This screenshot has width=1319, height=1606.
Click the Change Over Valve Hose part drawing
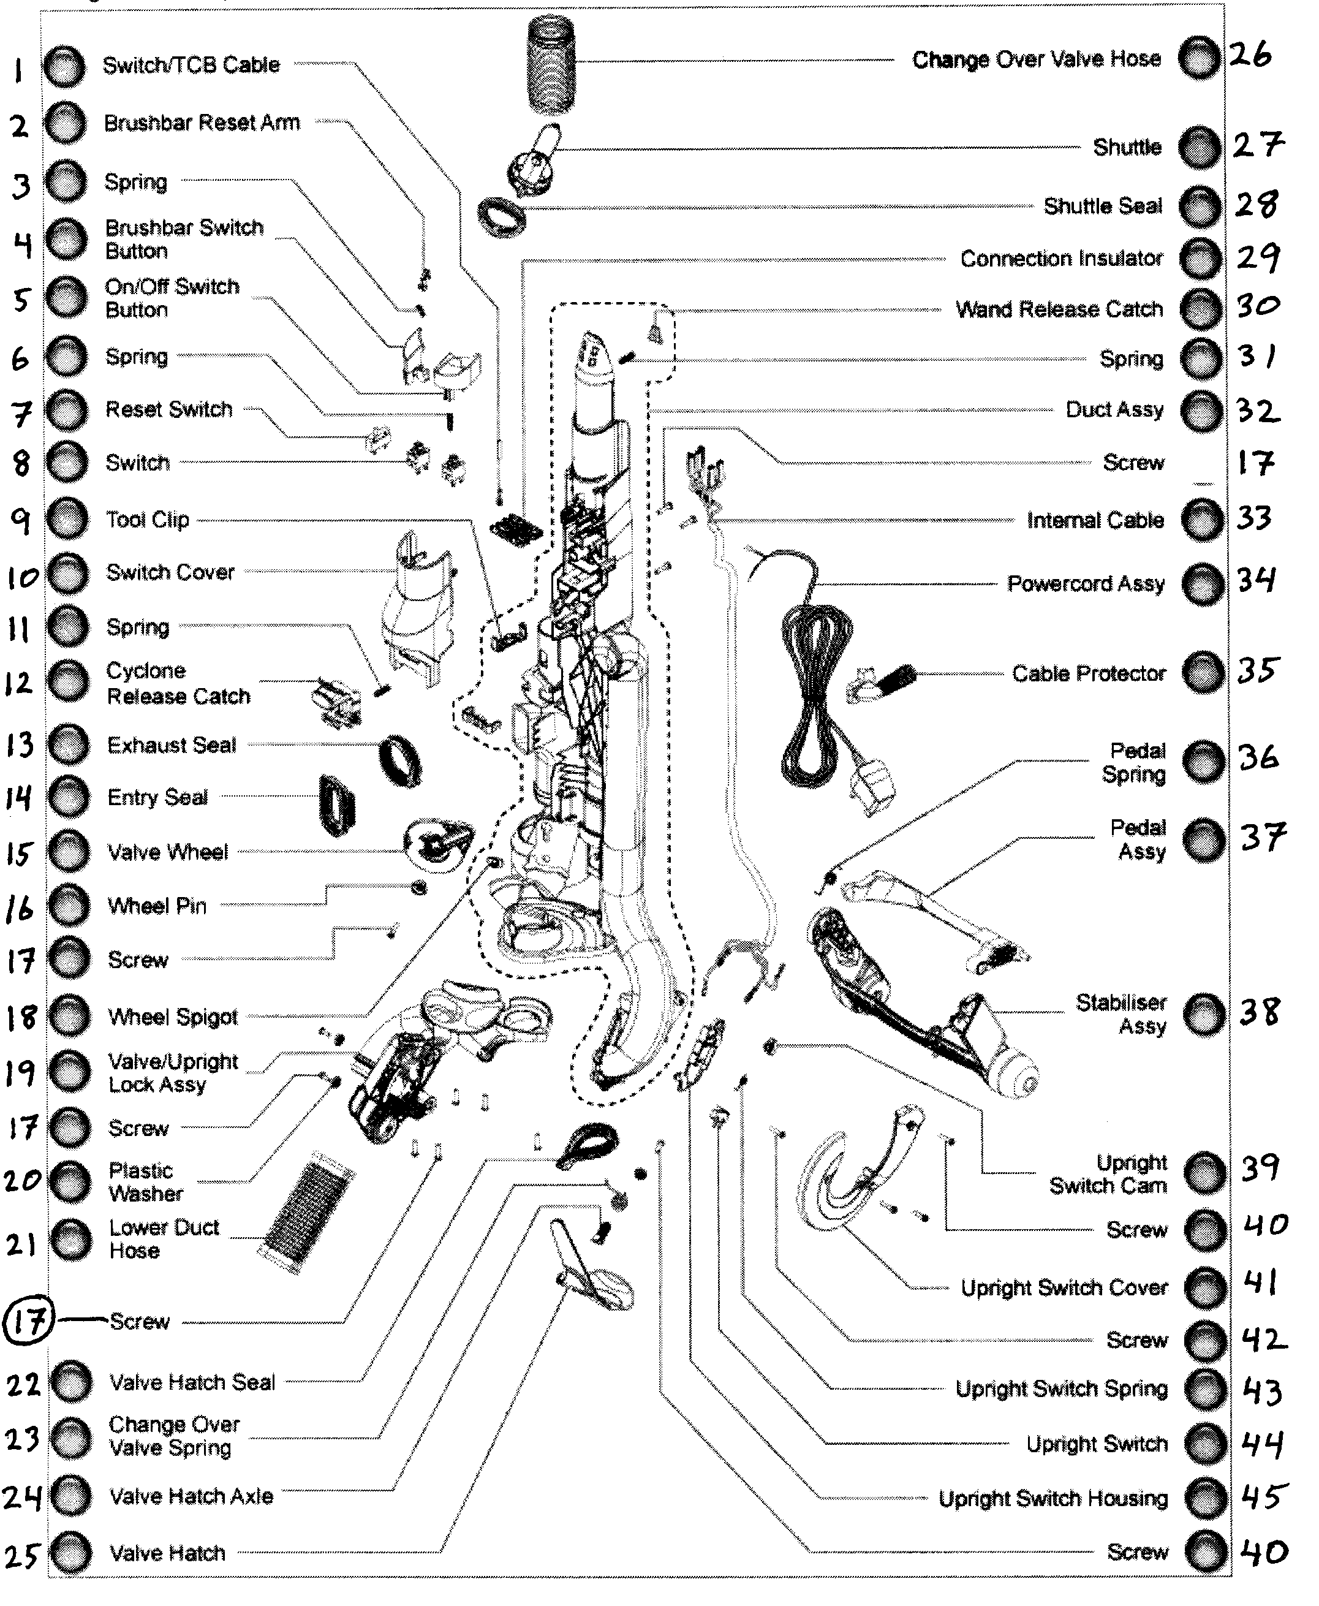point(551,64)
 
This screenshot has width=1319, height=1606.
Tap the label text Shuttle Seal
point(1103,206)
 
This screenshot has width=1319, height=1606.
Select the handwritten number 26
point(1250,54)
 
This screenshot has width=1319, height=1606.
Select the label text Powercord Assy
point(1086,584)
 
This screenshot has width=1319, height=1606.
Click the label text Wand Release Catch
point(1059,309)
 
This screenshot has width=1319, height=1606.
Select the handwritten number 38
point(1259,1012)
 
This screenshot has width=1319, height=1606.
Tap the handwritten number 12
point(19,683)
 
